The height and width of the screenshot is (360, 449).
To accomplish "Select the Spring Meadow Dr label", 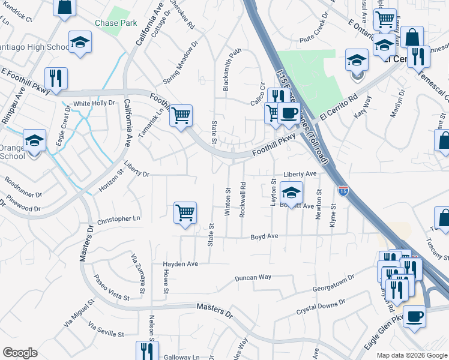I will tap(181, 63).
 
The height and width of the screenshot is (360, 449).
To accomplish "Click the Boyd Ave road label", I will tap(264, 236).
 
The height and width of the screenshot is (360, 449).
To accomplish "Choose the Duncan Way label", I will tap(253, 278).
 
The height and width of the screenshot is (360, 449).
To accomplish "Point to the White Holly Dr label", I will tap(94, 103).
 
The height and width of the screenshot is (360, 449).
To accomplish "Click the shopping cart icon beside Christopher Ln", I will tap(185, 213).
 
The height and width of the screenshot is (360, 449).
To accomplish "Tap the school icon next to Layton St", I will tap(292, 193).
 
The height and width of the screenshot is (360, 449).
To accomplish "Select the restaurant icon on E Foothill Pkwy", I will tap(56, 78).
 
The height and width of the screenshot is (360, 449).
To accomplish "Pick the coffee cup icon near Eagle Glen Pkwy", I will tap(414, 316).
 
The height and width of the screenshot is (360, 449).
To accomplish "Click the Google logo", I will tap(20, 353).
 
